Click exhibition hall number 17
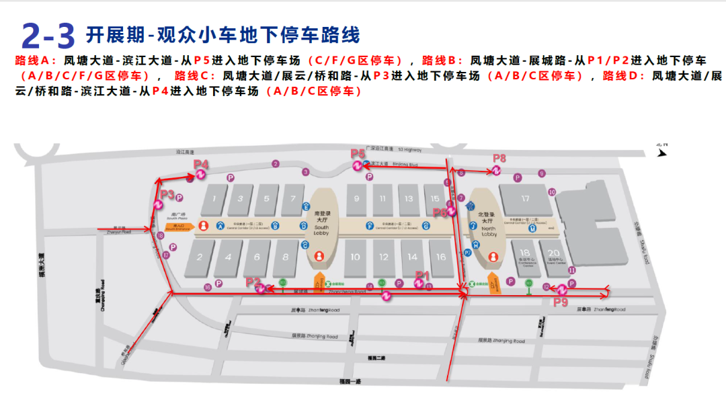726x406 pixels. click(526, 198)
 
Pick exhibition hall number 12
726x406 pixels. click(383, 257)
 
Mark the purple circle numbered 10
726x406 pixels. click(552, 192)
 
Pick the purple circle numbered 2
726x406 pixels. click(276, 163)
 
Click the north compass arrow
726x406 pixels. click(661, 152)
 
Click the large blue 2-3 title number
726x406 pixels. click(48, 34)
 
